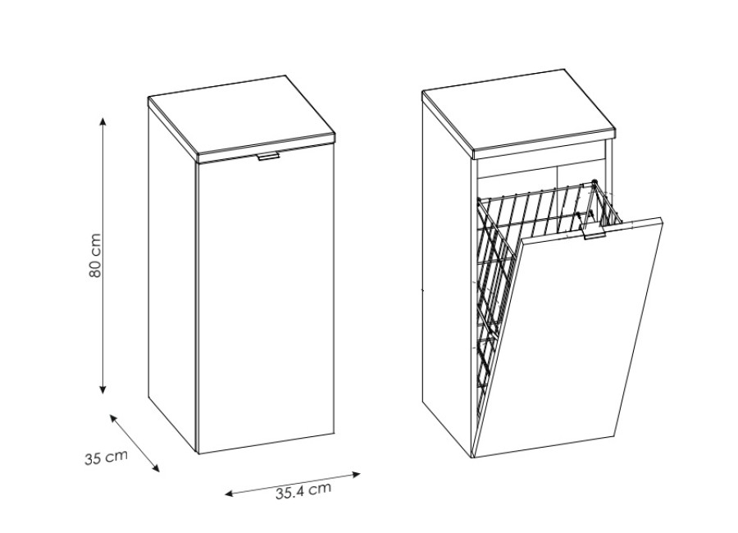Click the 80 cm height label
coord(94,255)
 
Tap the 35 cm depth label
coord(107,458)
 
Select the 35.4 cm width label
coord(303,490)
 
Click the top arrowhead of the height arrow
coord(103,121)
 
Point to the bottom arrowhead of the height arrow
coord(103,389)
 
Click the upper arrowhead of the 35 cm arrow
coord(113,418)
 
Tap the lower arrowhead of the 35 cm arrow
coord(156,467)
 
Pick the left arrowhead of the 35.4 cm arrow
coord(230,494)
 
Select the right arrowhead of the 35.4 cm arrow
coord(356,475)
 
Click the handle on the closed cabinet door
coord(268,157)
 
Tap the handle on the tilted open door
coord(594,234)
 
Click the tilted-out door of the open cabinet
coord(568,338)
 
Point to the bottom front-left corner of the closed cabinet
coord(198,454)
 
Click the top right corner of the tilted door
coord(663,218)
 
